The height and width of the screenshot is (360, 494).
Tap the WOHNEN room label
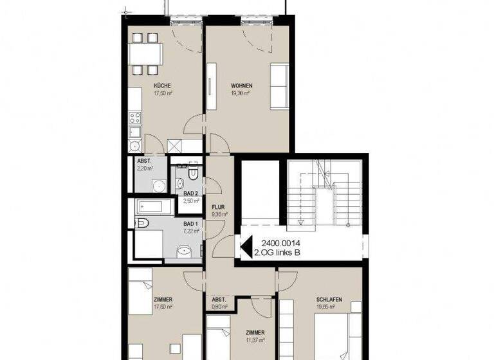coord(241,85)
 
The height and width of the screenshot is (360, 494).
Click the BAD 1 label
coord(191,222)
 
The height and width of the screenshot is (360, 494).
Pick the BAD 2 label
coord(191,194)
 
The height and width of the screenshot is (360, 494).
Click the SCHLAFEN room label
coord(328,300)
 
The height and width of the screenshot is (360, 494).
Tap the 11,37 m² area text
coord(255,340)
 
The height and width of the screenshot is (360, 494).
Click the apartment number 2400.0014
coord(280,243)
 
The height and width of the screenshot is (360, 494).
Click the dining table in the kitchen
coord(145,53)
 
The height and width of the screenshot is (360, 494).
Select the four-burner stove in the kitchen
coord(134,118)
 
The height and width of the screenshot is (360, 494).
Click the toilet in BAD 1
coord(142,223)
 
